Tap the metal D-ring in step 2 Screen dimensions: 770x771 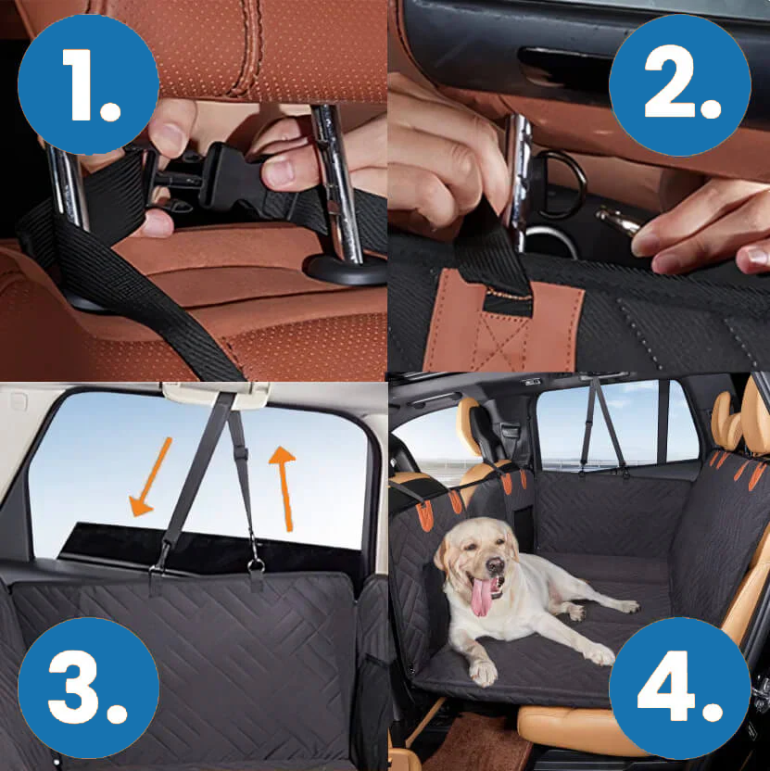pyautogui.click(x=561, y=183)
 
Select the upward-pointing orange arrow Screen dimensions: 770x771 pyautogui.click(x=284, y=488)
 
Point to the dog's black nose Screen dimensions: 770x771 pyautogui.click(x=495, y=564)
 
